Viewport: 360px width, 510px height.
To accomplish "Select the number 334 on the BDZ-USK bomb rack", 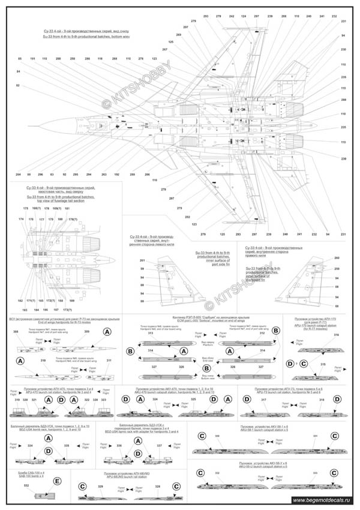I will pyautogui.click(x=30, y=446).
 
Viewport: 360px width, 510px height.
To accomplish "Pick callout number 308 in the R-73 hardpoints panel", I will pyautogui.click(x=16, y=331).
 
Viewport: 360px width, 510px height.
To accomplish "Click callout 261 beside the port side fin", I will pyautogui.click(x=142, y=260).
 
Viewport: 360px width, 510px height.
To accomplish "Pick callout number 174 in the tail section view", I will pyautogui.click(x=21, y=219).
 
